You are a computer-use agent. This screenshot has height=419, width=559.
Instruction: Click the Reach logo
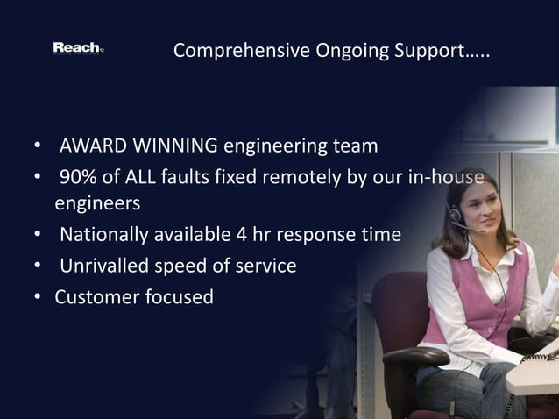(77, 48)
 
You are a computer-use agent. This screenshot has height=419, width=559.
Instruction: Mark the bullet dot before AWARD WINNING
(38, 145)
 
